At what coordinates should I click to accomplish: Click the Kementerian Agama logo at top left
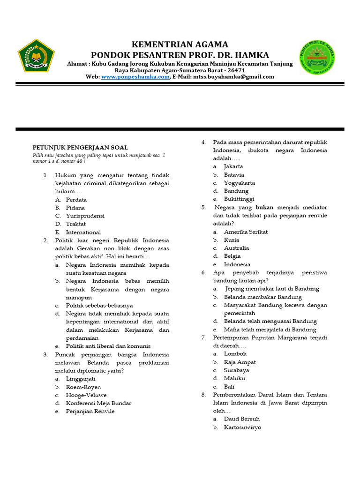click(36, 55)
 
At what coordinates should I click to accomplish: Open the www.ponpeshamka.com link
click(135, 77)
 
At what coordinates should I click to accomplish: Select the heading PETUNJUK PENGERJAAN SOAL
click(80, 147)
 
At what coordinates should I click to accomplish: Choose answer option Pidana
click(75, 208)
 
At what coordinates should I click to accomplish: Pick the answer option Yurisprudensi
click(85, 216)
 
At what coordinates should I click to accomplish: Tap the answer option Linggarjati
click(81, 378)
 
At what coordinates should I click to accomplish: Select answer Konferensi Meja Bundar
click(98, 403)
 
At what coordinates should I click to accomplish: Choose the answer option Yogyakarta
click(240, 183)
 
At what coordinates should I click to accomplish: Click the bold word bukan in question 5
click(264, 207)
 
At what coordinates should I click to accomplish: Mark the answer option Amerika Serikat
click(246, 232)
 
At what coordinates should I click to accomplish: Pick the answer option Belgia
click(232, 256)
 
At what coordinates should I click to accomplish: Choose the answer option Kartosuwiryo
click(242, 427)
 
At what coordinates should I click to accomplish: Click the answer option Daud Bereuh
click(242, 419)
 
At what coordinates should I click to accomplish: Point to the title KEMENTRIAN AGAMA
click(180, 45)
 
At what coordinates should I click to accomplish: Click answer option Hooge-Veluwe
click(86, 395)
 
